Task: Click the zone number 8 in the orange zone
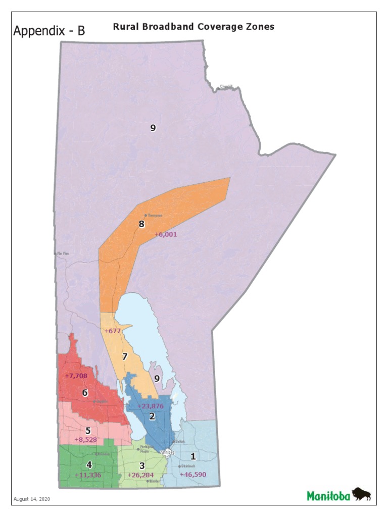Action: click(x=142, y=224)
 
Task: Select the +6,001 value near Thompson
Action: click(x=166, y=234)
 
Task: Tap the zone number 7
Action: click(x=125, y=356)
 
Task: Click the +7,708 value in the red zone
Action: click(x=76, y=376)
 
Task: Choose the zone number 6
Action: click(x=85, y=393)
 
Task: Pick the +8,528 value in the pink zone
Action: click(x=85, y=440)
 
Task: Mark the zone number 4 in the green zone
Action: click(x=89, y=465)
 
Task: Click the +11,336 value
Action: click(x=87, y=475)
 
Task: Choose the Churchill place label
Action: click(x=226, y=87)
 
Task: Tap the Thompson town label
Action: click(x=155, y=216)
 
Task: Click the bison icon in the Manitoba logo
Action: click(x=361, y=494)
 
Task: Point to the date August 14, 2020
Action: click(x=31, y=499)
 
